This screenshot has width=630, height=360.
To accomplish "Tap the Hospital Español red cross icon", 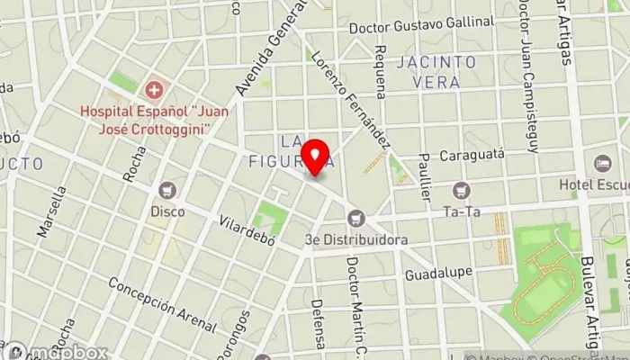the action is [155, 89].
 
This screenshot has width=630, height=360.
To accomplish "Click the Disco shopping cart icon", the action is [166, 191].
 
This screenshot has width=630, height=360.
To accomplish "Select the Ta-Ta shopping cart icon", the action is [462, 191].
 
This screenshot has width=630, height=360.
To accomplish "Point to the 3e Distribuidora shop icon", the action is [356, 219].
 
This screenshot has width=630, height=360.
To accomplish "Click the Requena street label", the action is [381, 70].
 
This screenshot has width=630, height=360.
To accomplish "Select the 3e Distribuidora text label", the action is [356, 240].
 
